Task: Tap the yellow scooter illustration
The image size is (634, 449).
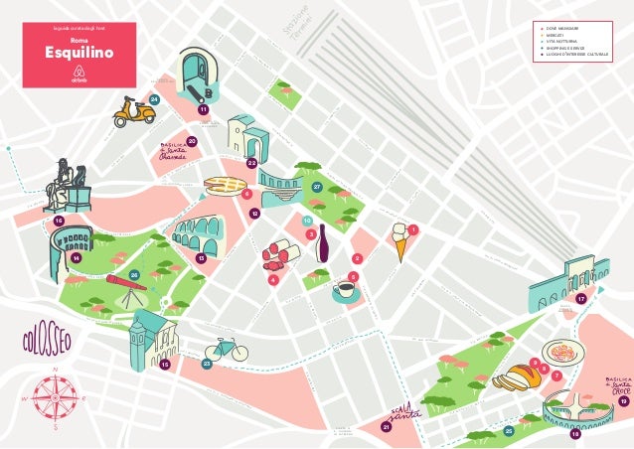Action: (x=133, y=112)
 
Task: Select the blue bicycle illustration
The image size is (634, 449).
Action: (x=226, y=349)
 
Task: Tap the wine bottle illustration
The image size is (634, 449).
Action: (x=322, y=242)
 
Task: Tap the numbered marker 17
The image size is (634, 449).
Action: (x=581, y=298)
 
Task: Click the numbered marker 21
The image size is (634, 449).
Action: (x=386, y=428)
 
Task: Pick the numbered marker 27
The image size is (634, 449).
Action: (x=316, y=187)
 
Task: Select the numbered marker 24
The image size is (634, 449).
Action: (x=154, y=100)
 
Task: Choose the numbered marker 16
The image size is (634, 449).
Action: (x=59, y=221)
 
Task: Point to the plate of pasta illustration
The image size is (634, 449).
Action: (x=569, y=351)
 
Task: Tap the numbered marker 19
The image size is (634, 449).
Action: (x=623, y=402)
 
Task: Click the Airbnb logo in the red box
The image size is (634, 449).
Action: (x=79, y=76)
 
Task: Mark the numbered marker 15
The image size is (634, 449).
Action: (x=165, y=366)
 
